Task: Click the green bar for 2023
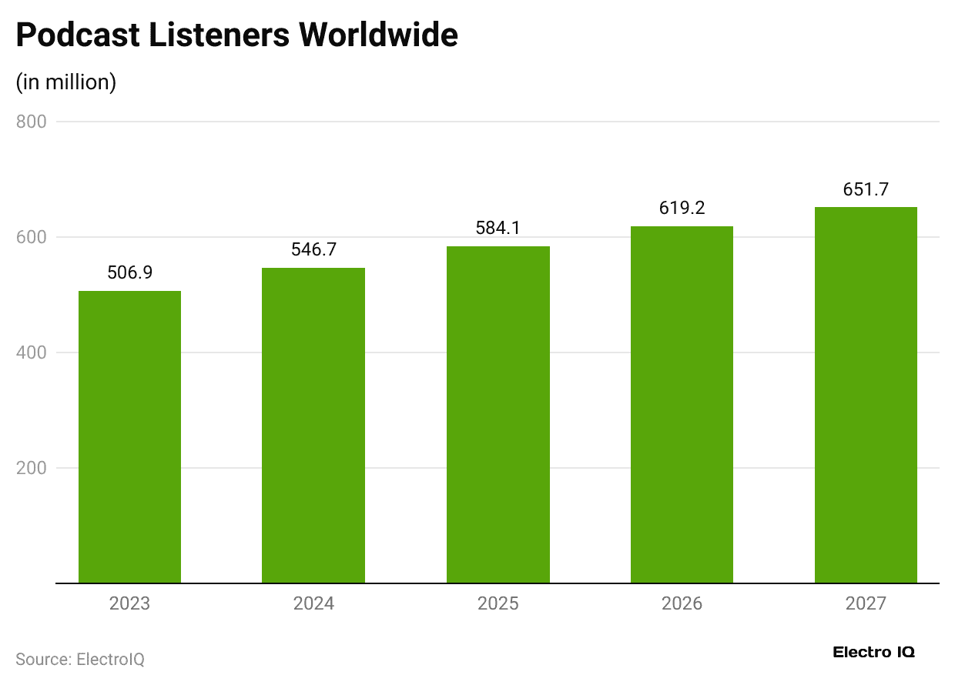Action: [129, 437]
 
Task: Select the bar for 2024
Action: [313, 426]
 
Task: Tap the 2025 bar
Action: [498, 415]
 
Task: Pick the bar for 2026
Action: [682, 405]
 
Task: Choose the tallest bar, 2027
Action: [866, 395]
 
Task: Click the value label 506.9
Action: [129, 272]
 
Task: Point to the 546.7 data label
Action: [313, 249]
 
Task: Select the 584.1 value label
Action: [498, 228]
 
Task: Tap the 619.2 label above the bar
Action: [682, 208]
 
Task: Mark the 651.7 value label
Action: [866, 189]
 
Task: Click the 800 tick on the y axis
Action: [32, 122]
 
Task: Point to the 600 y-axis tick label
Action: [32, 237]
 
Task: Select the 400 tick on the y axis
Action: [32, 353]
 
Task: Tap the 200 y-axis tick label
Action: [32, 468]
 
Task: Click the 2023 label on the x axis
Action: [129, 603]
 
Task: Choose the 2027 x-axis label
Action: [866, 603]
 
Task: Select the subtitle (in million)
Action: [66, 82]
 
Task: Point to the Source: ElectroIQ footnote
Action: [80, 660]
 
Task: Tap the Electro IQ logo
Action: [874, 652]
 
